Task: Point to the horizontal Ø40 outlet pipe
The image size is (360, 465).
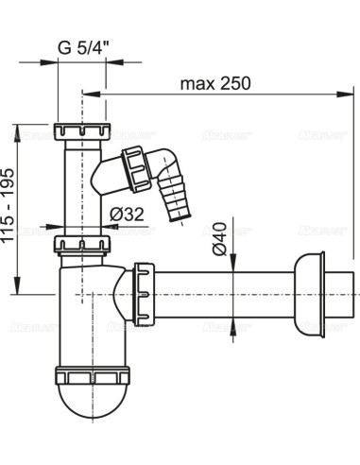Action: click(227, 292)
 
